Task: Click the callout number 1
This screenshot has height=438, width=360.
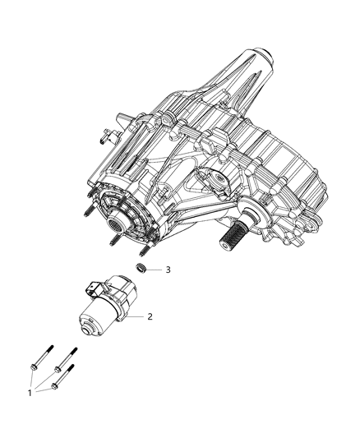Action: (x=30, y=393)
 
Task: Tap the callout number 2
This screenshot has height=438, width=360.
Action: (x=150, y=316)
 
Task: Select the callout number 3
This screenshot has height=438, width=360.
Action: (x=168, y=269)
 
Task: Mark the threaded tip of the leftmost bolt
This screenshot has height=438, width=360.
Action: (x=50, y=345)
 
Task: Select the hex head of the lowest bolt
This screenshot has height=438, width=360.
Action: (x=54, y=385)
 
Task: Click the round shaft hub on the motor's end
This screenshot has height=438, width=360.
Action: (x=87, y=326)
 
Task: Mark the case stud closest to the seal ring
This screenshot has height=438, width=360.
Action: (x=144, y=251)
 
